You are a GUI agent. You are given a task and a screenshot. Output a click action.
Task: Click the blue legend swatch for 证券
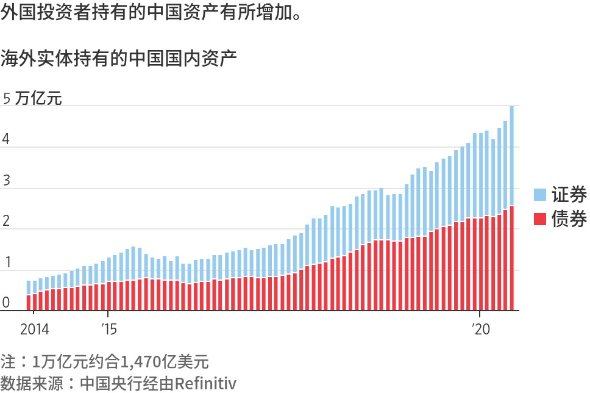pos(540,195)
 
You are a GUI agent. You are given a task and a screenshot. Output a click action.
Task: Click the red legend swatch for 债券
pos(540,218)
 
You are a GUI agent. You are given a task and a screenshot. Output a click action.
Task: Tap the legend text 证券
pos(569,195)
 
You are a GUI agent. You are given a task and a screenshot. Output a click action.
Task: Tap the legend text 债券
pos(569,218)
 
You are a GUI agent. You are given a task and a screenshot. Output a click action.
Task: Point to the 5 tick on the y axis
pos(7,98)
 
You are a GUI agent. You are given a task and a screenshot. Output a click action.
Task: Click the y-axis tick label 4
pos(7,139)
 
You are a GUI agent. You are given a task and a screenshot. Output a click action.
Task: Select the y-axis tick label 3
pos(7,181)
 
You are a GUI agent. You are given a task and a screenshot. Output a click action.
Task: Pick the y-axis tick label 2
pos(7,222)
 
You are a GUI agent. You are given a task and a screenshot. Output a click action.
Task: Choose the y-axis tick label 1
pos(7,262)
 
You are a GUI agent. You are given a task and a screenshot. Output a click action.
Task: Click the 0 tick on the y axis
pos(7,303)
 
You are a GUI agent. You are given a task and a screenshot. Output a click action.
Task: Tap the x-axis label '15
pos(108,330)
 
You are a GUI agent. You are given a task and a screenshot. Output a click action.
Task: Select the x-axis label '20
pos(480,330)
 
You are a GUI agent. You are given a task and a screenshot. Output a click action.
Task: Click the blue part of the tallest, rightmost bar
pos(512,156)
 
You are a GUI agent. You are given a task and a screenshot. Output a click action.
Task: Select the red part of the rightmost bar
pos(512,259)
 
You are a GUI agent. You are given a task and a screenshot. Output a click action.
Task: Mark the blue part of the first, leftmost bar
pos(29,287)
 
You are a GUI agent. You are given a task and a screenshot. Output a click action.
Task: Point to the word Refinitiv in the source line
pos(205,383)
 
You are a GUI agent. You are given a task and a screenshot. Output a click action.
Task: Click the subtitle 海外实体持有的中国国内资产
pos(118,59)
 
